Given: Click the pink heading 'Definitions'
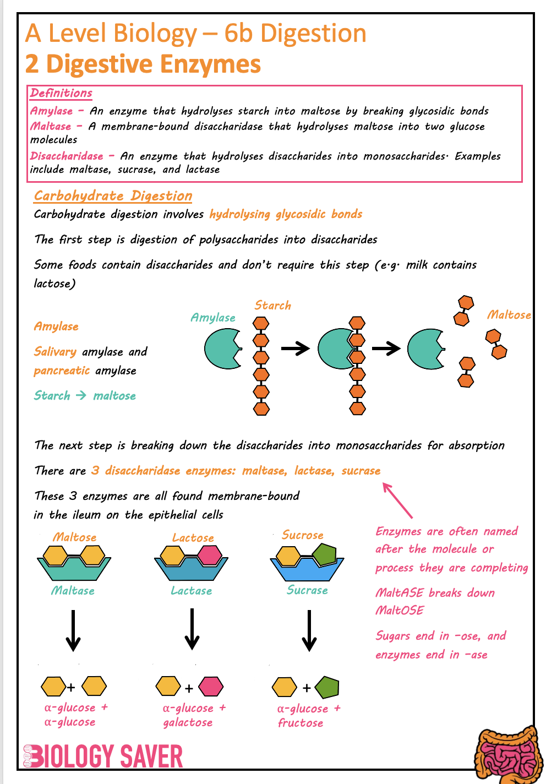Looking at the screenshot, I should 61,93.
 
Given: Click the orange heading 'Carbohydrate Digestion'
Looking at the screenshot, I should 113,196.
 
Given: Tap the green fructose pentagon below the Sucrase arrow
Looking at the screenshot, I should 327,687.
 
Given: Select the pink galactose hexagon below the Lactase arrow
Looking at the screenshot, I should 211,687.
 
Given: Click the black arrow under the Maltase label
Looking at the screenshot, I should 73,630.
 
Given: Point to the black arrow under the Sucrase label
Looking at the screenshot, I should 309,630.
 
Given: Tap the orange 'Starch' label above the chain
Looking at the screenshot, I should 272,306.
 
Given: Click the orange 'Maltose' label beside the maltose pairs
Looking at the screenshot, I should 509,315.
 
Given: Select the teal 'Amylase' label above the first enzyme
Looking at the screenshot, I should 212,318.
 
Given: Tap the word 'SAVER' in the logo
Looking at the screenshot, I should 151,756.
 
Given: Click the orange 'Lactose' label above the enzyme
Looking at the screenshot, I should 193,538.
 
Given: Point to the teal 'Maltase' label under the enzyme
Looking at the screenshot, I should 73,591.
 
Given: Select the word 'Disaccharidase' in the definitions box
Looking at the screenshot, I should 67,156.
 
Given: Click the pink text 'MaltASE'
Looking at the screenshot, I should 399,593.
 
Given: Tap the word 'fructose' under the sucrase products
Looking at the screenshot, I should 301,723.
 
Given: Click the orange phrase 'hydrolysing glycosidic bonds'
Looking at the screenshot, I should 286,214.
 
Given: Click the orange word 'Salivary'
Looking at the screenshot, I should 55,352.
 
